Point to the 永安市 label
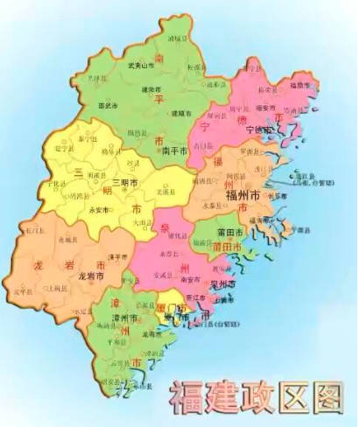coord(99,210)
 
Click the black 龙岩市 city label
coord(85,275)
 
